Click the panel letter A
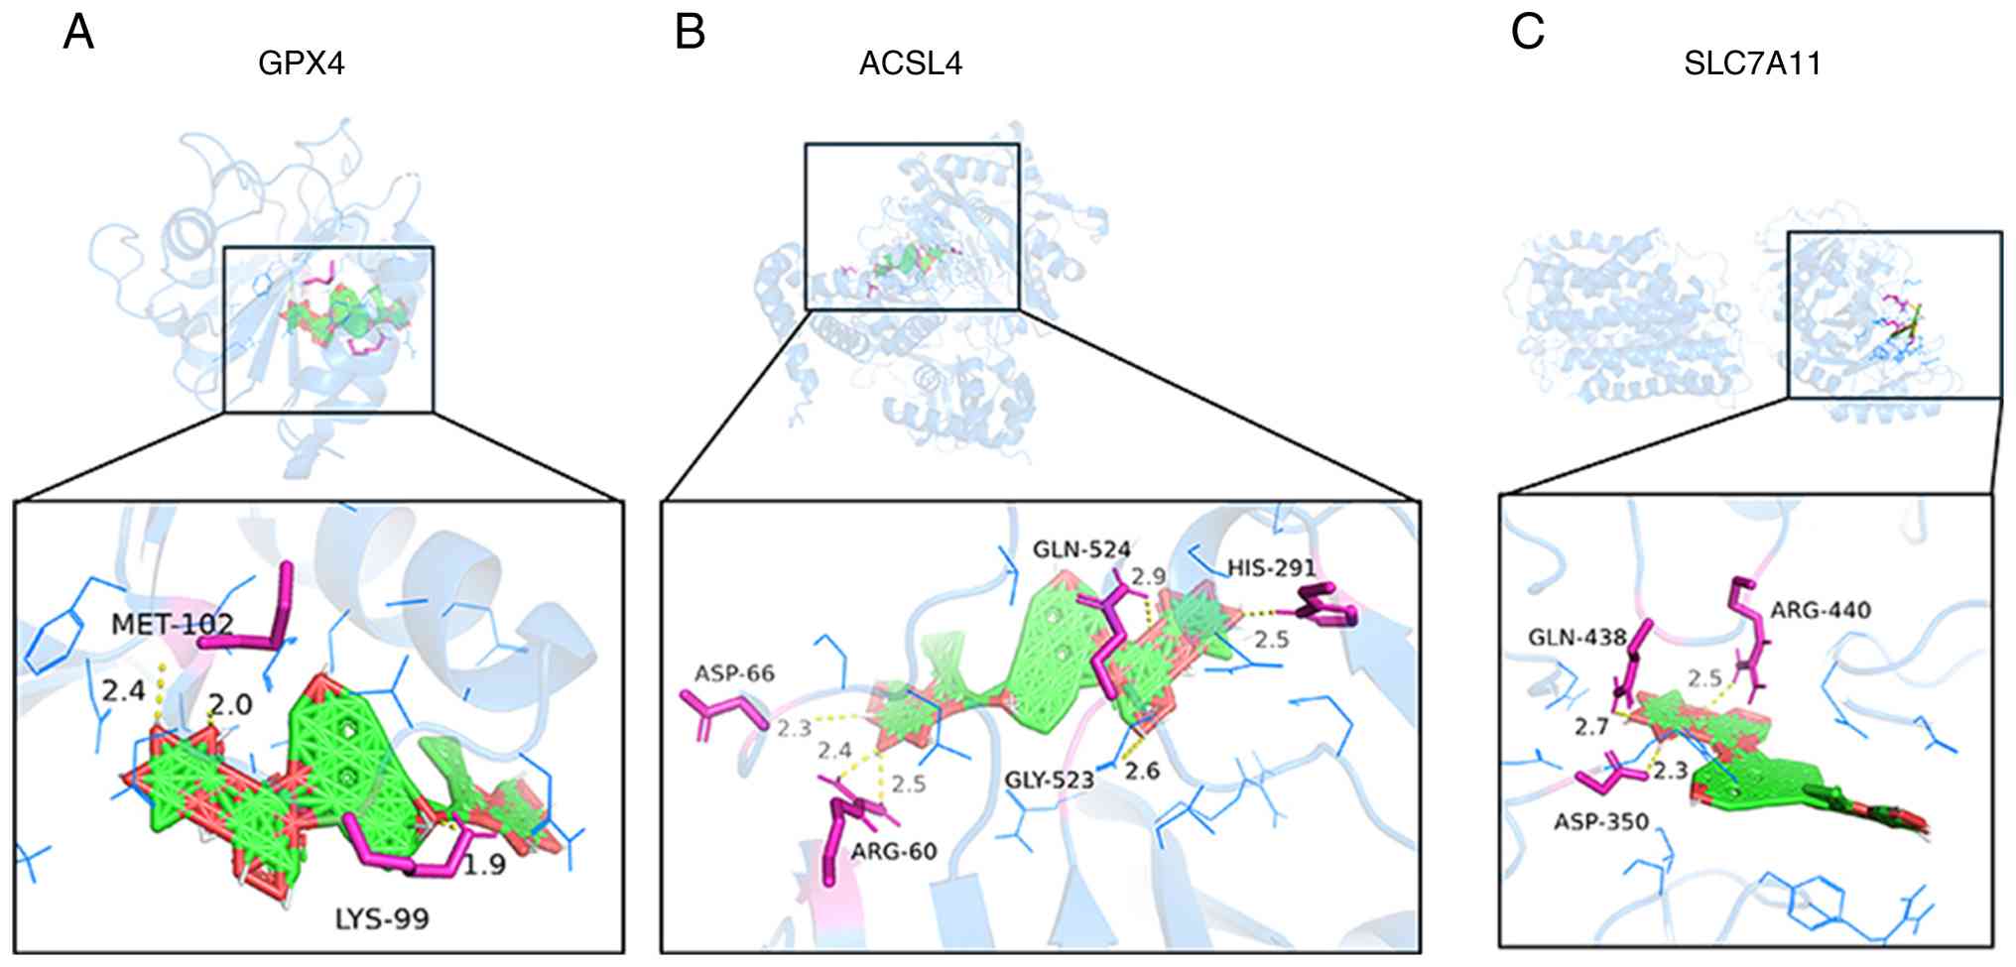coord(78,33)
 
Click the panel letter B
coord(690,33)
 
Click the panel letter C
coord(1527,33)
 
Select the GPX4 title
coord(301,64)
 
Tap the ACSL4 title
coord(910,64)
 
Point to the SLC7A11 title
coord(1752,64)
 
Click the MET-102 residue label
coord(173,624)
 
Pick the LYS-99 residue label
coord(382,919)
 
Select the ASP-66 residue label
coord(734,674)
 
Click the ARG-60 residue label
coord(894,851)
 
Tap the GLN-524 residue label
coord(1081,549)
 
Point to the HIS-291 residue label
coord(1271,568)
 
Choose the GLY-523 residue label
coord(1049,781)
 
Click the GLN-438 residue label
coord(1576,637)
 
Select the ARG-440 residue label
coord(1821,610)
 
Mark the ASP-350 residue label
coord(1601,822)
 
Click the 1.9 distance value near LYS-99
coord(484,866)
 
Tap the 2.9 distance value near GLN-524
coord(1148,576)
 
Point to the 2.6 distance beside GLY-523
coord(1142,771)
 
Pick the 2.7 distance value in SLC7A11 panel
coord(1591,728)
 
